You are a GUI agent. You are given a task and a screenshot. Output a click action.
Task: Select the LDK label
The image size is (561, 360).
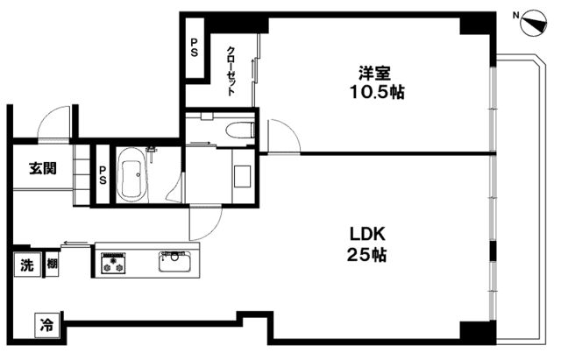(x=368, y=235)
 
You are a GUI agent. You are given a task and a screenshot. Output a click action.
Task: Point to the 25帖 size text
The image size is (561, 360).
(x=368, y=256)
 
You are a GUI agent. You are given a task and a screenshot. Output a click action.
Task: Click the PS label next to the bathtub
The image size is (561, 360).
(x=103, y=175)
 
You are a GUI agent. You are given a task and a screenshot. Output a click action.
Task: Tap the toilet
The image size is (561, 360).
(x=238, y=131)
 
